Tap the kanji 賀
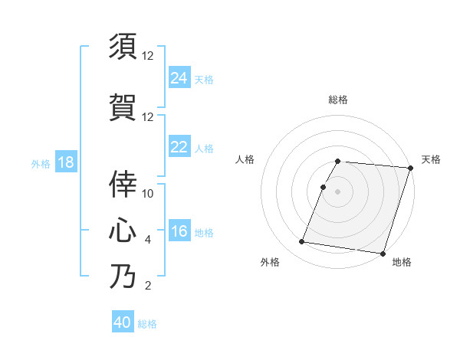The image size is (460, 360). tap(123, 106)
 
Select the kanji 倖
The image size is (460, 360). tap(123, 184)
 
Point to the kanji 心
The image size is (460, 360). tap(123, 230)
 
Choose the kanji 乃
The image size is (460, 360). tap(123, 276)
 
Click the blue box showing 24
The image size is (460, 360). tap(179, 77)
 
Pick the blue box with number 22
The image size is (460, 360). tap(179, 146)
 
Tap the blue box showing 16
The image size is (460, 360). tap(179, 231)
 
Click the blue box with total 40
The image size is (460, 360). tap(123, 322)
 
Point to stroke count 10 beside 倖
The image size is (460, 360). tap(148, 194)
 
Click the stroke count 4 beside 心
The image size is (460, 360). tap(148, 240)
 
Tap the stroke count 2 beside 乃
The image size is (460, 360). tap(148, 286)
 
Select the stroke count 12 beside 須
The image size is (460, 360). tap(148, 56)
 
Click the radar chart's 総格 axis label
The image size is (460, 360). tap(338, 100)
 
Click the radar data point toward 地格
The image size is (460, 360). tap(382, 254)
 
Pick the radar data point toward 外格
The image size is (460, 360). tap(302, 241)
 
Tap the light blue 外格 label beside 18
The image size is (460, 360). tap(41, 163)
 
